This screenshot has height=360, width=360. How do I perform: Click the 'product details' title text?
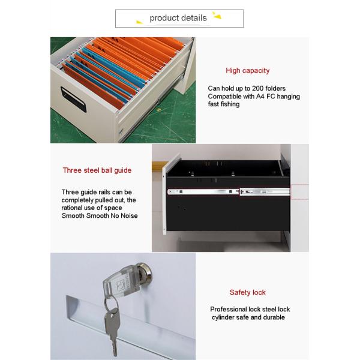click(x=178, y=18)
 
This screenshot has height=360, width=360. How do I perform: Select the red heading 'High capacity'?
click(x=247, y=70)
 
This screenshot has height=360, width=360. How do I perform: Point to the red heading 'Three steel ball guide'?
click(x=97, y=170)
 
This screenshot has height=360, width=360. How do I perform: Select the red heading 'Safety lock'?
click(x=247, y=292)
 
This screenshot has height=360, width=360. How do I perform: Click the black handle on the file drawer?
click(x=73, y=99)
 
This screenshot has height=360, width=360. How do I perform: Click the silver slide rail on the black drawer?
click(x=229, y=191)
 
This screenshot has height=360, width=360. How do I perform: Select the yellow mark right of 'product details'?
click(x=217, y=15)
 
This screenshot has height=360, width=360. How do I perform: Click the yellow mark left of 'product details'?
click(x=139, y=22)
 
